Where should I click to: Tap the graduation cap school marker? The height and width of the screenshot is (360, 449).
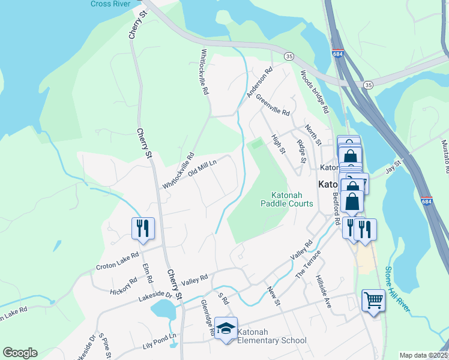coord(226,328)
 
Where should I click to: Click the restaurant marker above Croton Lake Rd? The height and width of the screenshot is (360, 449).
coord(143,228)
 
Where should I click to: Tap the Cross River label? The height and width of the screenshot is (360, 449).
coord(110,4)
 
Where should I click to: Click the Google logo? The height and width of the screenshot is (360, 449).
coord(20,352)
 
